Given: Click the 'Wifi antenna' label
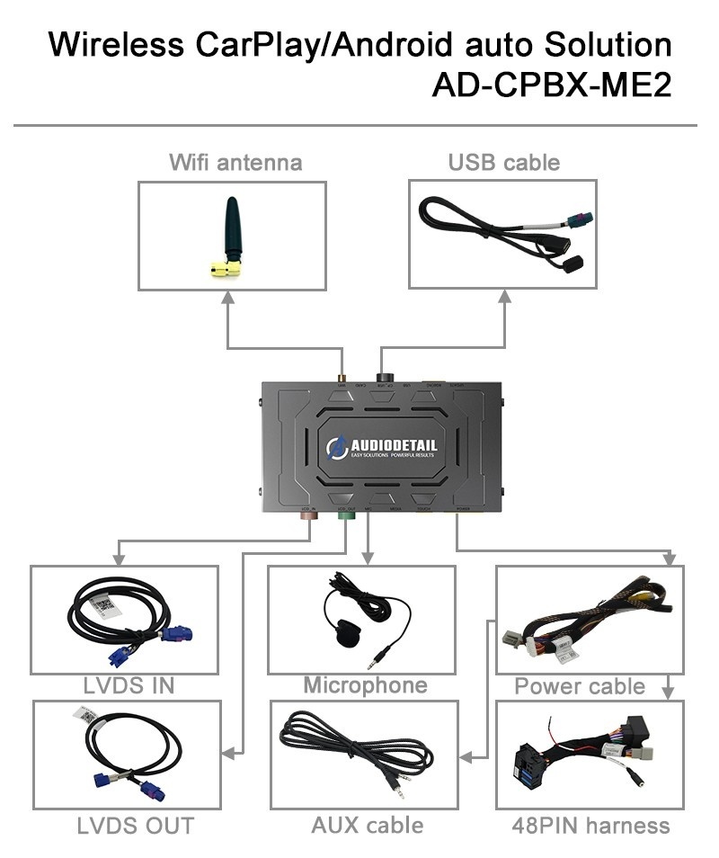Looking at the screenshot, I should tap(235, 163).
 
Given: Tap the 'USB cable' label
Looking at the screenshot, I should tap(503, 163).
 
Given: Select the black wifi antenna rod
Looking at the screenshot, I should tap(233, 229).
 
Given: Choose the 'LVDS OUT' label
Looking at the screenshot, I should tap(134, 825).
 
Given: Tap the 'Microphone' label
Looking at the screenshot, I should tap(365, 685).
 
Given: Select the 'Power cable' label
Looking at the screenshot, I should tap(580, 687).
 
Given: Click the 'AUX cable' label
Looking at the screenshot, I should tap(367, 825).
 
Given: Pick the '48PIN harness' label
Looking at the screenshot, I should tap(590, 825).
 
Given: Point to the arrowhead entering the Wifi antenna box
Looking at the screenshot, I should tap(227, 298).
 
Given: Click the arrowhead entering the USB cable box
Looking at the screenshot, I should tap(503, 298).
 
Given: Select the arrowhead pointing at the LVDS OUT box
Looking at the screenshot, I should tap(227, 751).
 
